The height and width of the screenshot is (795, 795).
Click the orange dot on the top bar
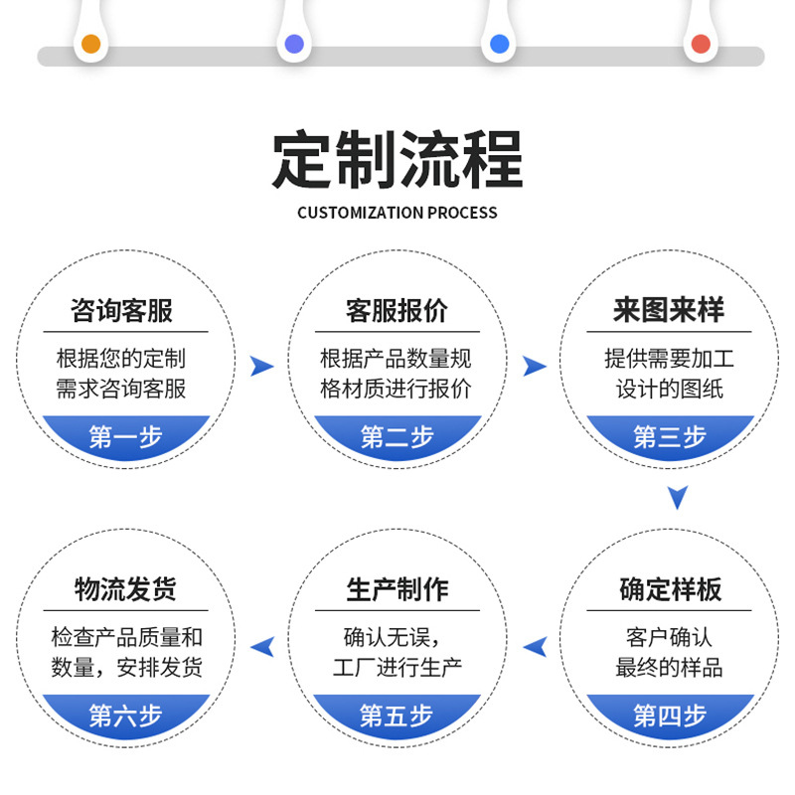90,44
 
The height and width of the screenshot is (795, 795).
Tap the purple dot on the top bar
294,44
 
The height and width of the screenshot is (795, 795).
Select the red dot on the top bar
701,44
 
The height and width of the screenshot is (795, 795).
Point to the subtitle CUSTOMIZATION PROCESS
397,213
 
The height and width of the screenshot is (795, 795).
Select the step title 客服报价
397,310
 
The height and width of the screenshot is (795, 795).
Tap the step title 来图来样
669,310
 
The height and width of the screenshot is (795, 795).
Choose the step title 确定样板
669,589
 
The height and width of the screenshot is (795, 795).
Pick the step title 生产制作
397,589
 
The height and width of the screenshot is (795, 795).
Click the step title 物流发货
125,589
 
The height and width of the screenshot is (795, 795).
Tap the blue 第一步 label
125,436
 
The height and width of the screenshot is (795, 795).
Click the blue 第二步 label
397,436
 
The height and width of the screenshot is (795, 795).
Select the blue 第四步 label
669,715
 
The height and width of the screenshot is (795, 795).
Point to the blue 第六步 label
125,715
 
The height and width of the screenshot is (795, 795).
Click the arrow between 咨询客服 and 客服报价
261,366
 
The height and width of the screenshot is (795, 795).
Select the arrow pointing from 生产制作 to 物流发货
262,647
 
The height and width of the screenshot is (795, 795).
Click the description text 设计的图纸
669,389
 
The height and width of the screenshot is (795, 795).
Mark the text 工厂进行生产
397,667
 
